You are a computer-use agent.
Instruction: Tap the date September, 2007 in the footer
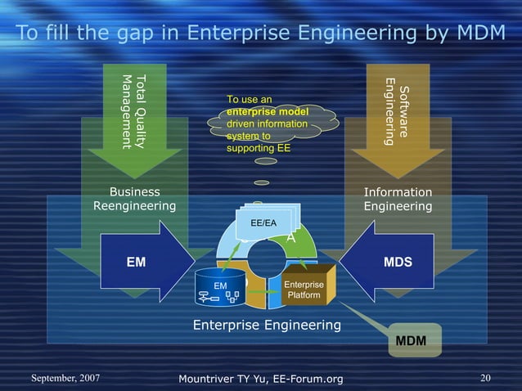[67, 377]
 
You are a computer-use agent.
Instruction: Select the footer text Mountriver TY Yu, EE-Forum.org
[260, 377]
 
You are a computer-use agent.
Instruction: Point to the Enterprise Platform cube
[303, 289]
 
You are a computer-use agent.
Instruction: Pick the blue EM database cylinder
[220, 289]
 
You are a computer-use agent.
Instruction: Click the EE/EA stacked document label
[263, 221]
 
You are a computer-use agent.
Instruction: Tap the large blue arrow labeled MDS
[392, 263]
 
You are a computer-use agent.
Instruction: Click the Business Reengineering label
[134, 199]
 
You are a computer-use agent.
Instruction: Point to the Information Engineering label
[398, 199]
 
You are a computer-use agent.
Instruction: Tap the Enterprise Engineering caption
[267, 326]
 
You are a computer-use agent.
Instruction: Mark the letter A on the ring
[290, 237]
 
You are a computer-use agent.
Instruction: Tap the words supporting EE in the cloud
[258, 149]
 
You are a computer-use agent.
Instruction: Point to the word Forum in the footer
[296, 377]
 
